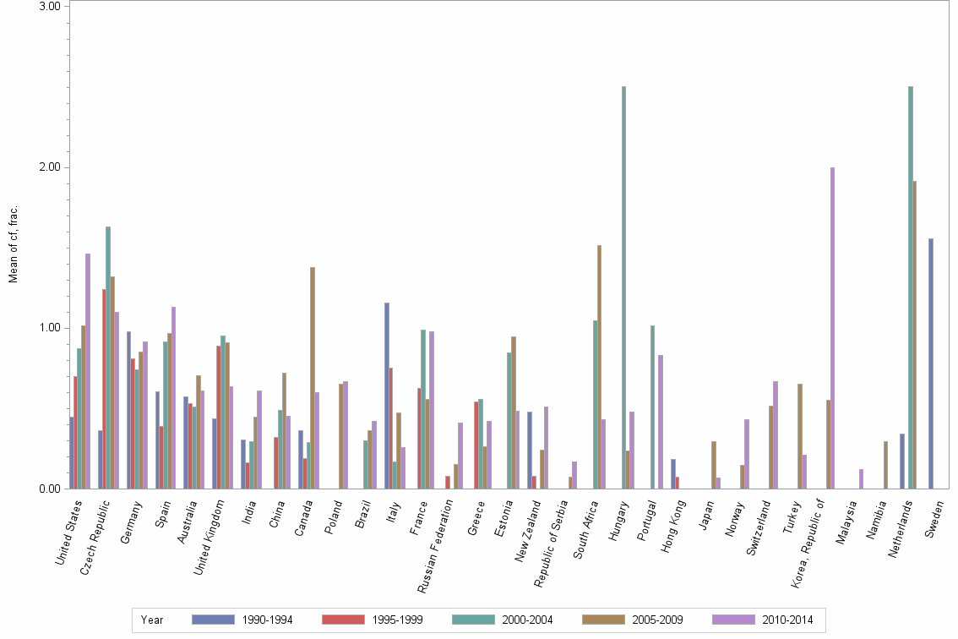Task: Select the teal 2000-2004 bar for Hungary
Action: [623, 287]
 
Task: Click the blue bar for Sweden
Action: [931, 363]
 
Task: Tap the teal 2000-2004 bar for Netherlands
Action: [911, 287]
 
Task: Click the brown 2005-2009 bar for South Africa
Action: [599, 367]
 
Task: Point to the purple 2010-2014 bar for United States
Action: [88, 371]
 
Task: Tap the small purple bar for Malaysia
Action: [861, 479]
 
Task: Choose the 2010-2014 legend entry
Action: [787, 620]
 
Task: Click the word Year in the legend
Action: [153, 620]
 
